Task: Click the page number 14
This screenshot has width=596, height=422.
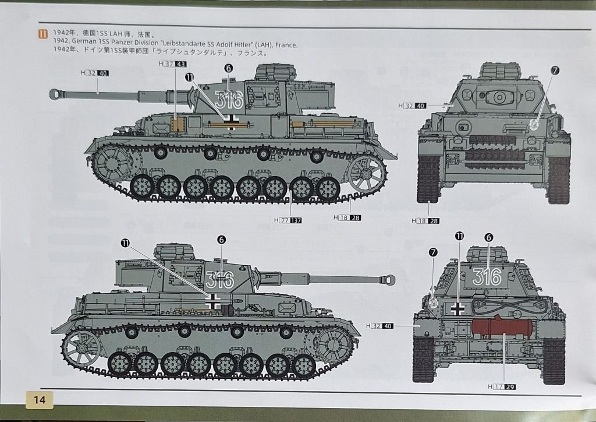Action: click(40, 399)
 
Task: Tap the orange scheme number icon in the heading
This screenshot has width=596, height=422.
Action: click(43, 34)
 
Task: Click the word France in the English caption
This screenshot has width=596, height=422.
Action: click(286, 45)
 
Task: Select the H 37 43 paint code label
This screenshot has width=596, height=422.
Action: click(172, 64)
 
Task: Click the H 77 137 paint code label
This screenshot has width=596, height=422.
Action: click(288, 220)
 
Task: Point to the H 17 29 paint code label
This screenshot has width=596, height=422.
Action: click(502, 386)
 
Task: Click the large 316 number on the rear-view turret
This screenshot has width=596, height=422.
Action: click(487, 277)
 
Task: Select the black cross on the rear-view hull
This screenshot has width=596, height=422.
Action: click(457, 308)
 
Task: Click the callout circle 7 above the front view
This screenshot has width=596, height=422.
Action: click(555, 71)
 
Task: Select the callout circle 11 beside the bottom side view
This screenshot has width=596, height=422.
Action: click(125, 242)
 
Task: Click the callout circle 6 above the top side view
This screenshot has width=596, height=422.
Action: click(228, 68)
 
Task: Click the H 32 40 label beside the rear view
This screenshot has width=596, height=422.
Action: click(380, 326)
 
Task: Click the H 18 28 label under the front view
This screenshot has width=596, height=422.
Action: click(425, 221)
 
